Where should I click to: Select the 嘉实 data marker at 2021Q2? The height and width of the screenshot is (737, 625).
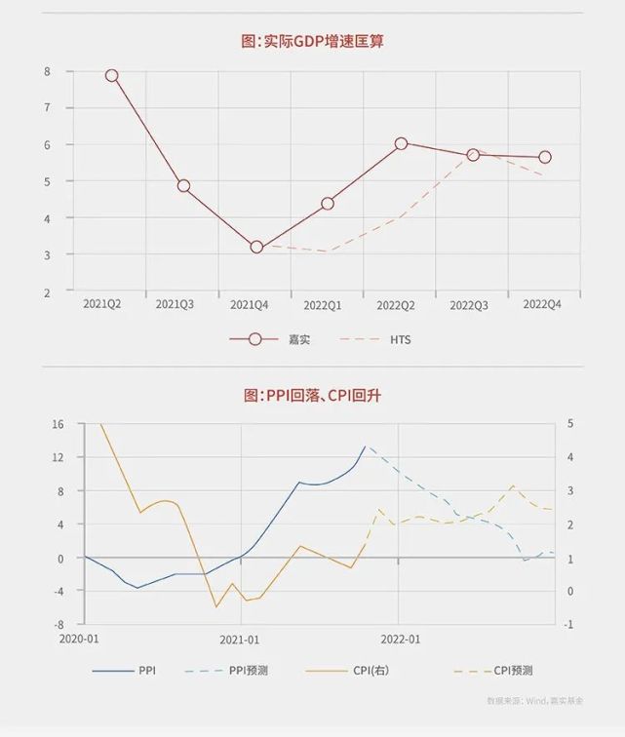click(x=111, y=75)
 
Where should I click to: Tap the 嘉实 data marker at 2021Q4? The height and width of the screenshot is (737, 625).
click(x=256, y=247)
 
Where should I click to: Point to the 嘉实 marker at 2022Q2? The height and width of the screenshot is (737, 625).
click(x=401, y=143)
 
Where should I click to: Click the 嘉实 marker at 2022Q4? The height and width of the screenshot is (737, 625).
click(x=545, y=157)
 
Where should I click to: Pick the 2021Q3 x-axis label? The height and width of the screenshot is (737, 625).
click(x=175, y=305)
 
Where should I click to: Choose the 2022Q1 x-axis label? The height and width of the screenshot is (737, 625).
click(x=322, y=305)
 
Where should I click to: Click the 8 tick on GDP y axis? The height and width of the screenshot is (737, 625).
click(x=47, y=71)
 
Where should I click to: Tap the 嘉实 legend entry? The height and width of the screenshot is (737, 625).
click(x=298, y=339)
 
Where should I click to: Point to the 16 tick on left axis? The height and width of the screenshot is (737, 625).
click(x=58, y=424)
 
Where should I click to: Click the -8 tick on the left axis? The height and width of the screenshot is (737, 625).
click(x=58, y=624)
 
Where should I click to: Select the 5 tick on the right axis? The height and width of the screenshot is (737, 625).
click(x=569, y=424)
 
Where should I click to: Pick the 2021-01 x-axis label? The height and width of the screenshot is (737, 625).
click(x=240, y=640)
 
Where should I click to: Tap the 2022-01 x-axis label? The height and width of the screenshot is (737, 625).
click(x=400, y=640)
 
